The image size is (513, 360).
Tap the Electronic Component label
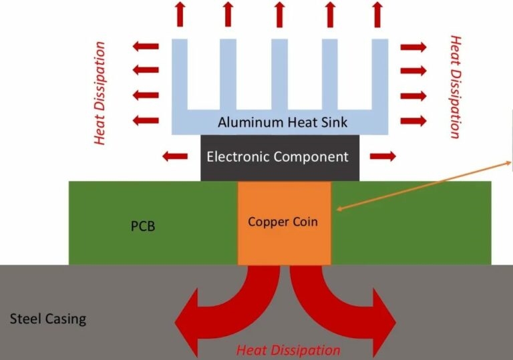[277, 158]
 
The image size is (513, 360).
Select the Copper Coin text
[283, 222]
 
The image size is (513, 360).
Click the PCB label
[142, 226]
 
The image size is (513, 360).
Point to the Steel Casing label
[48, 319]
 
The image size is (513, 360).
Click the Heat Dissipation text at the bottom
[288, 350]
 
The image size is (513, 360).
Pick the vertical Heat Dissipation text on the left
[100, 93]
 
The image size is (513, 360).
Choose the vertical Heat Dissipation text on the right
[456, 87]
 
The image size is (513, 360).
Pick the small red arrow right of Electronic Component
[383, 156]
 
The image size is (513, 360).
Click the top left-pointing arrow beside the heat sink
[146, 47]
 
